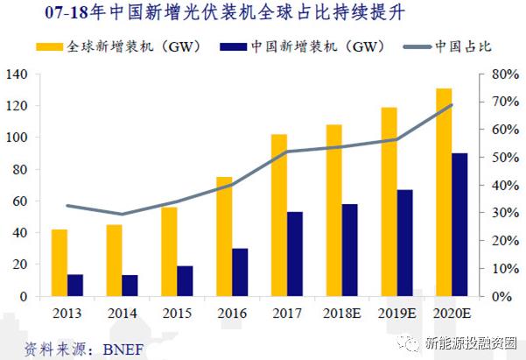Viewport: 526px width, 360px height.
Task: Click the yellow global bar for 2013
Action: pyautogui.click(x=59, y=263)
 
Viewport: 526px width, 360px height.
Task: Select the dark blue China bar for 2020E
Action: pyautogui.click(x=459, y=225)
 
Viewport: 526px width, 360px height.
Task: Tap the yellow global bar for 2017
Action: pyautogui.click(x=279, y=215)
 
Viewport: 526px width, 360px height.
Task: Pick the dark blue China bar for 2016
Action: pyautogui.click(x=240, y=272)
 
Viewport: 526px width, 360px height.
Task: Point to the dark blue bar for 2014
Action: pyautogui.click(x=130, y=286)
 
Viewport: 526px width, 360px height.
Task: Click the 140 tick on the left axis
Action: pyautogui.click(x=16, y=74)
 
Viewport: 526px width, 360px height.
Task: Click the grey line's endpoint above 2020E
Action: pyautogui.click(x=452, y=105)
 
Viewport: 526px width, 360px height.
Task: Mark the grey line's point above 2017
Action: pyautogui.click(x=287, y=152)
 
